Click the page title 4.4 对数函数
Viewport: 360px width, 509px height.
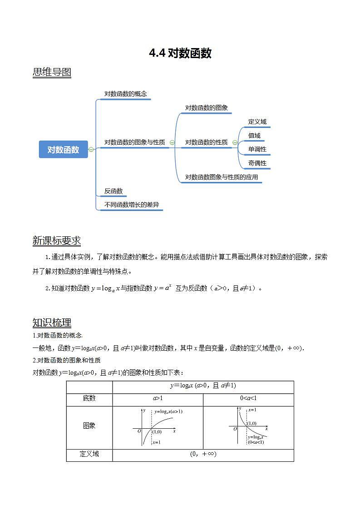180,54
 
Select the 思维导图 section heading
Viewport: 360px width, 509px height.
52,72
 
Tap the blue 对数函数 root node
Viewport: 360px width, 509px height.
63,149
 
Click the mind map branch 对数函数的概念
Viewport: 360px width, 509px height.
126,94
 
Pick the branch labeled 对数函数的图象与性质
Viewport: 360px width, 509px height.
134,142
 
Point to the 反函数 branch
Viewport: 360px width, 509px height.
113,191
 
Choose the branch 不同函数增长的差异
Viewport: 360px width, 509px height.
132,205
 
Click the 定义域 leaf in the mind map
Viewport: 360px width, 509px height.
257,122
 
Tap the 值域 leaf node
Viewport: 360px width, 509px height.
254,135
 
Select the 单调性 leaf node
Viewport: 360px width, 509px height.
257,149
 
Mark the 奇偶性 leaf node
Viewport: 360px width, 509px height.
257,163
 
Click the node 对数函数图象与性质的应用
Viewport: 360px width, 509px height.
222,177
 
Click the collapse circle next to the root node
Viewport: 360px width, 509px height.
91,149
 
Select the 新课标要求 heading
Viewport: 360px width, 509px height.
57,241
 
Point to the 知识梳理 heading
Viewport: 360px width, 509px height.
52,323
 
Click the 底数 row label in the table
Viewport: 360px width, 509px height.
89,398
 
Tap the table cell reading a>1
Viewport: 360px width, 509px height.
158,398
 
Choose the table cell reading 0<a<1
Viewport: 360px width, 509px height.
248,398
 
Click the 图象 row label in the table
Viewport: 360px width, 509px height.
89,426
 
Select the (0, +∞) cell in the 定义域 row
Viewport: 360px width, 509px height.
203,454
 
